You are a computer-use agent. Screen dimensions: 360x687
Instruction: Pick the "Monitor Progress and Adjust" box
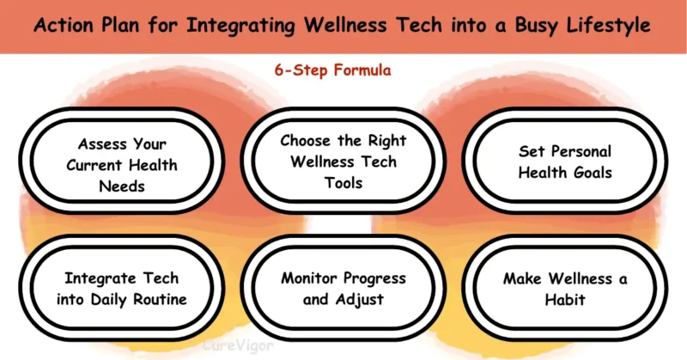[343, 289]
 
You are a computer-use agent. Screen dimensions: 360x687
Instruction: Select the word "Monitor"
[308, 278]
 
